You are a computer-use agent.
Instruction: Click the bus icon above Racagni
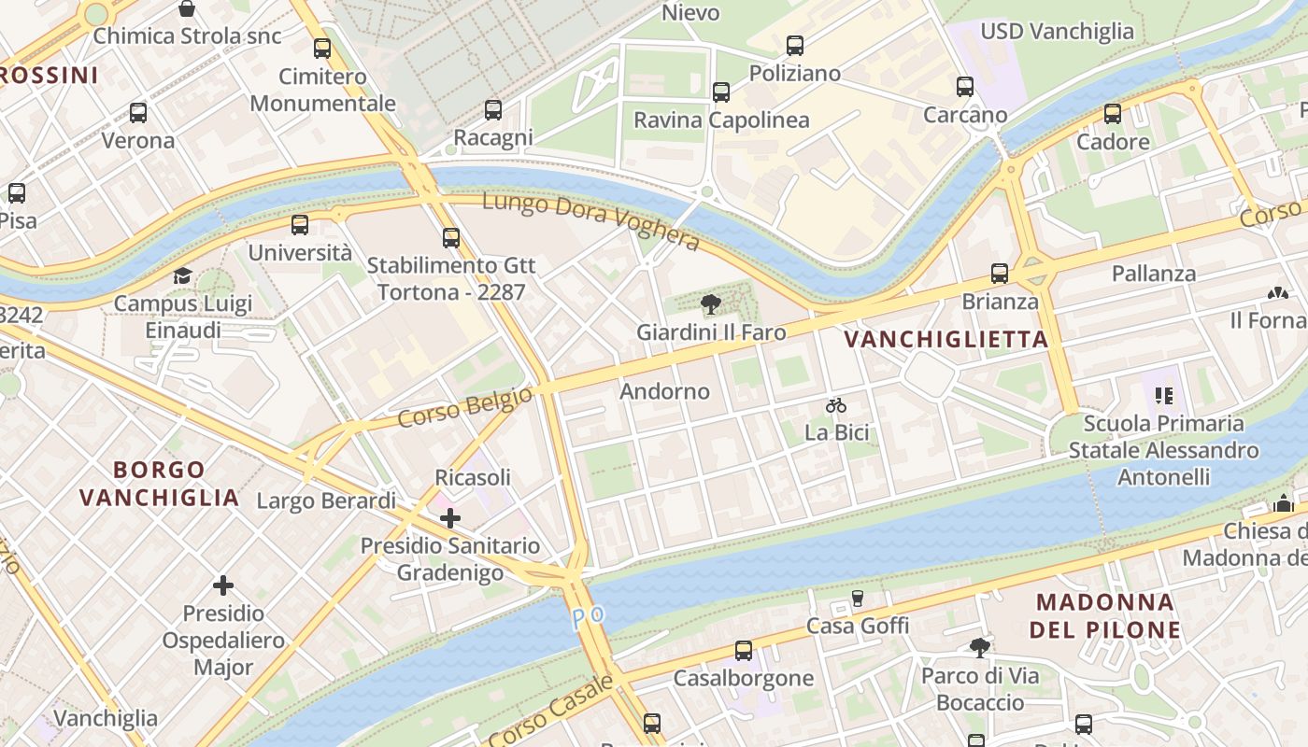tap(493, 109)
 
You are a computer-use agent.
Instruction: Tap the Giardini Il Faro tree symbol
tap(711, 303)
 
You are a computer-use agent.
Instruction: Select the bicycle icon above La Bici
tap(836, 405)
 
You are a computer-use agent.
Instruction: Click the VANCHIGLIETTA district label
tap(946, 340)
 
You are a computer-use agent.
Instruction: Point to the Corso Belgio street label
tap(464, 408)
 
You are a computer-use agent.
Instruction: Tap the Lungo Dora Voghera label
tap(590, 222)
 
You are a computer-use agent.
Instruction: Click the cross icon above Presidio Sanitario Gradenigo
tap(450, 517)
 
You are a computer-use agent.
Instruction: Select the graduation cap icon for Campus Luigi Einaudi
tap(182, 276)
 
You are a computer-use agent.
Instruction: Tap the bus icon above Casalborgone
tap(744, 650)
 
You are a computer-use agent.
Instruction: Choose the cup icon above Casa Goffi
tap(857, 598)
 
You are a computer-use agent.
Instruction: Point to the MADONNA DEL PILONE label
tap(1105, 615)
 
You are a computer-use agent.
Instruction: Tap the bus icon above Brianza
tap(1000, 274)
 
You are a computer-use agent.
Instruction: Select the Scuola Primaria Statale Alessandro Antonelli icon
tap(1163, 396)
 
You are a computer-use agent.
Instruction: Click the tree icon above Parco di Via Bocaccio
tap(979, 647)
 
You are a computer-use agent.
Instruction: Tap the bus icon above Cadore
tap(1112, 114)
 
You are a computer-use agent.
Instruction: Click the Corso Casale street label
tap(551, 712)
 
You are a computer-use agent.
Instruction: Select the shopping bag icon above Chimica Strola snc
tap(187, 9)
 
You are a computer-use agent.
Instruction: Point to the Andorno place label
tap(664, 391)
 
